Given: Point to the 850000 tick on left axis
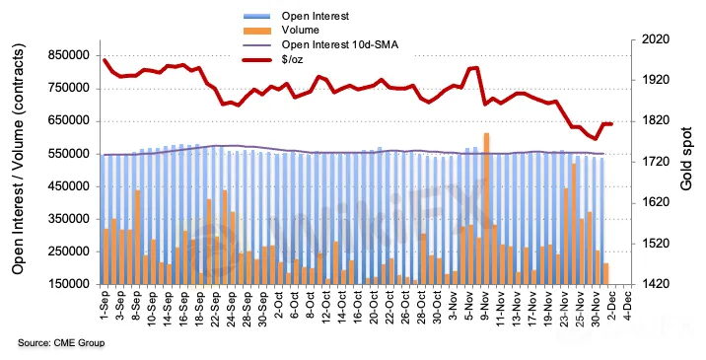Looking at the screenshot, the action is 71,55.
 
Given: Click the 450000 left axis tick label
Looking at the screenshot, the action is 71,186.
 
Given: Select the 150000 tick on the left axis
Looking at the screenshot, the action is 71,285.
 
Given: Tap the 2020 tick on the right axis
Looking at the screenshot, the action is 656,39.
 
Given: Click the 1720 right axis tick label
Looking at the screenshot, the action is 656,162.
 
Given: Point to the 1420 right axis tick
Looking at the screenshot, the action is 656,284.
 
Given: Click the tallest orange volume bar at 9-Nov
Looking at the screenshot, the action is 486,209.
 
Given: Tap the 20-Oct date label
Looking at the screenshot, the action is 374,308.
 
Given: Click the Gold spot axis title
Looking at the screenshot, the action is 685,159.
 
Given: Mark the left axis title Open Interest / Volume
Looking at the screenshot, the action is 18,159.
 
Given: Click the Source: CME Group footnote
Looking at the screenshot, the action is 61,343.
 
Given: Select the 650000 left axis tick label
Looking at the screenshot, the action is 71,121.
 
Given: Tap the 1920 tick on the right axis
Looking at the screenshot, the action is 656,80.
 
